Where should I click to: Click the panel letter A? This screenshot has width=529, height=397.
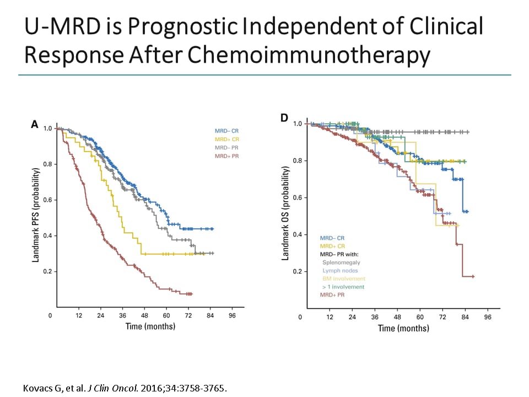click(35, 125)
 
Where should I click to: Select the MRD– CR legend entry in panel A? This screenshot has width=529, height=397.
click(227, 131)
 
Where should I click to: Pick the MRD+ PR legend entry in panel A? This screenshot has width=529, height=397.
click(227, 157)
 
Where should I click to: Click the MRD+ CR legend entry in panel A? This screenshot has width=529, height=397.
click(227, 140)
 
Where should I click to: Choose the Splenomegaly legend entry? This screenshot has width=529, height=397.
click(339, 262)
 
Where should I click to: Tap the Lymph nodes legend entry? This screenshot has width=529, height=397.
click(340, 271)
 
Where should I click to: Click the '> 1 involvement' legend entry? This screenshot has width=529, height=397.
click(343, 287)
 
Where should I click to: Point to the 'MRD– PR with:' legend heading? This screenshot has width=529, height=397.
click(339, 254)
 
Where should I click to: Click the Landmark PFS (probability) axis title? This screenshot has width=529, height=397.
click(36, 216)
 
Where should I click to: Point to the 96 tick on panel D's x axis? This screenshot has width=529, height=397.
click(488, 318)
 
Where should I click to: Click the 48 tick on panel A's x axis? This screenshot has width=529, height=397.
click(144, 316)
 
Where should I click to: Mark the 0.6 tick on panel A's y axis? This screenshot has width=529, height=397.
click(48, 200)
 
